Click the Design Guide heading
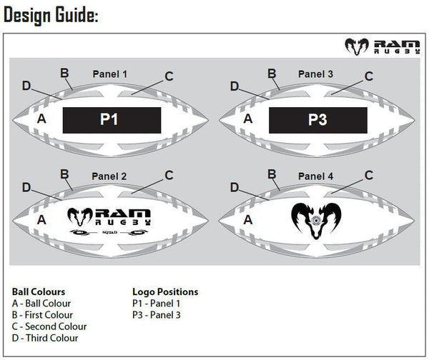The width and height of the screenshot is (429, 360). [x=51, y=16]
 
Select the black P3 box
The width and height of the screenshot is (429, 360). [x=317, y=120]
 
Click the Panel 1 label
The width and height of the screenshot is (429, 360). [x=110, y=74]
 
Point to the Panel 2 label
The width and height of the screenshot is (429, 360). [x=110, y=175]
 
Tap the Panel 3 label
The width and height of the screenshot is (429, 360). [x=316, y=74]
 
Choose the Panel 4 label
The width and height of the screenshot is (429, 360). [x=316, y=175]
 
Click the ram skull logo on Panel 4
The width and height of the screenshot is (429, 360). [x=317, y=218]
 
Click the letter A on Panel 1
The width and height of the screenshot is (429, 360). [x=41, y=119]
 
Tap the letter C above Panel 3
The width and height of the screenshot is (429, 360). [x=369, y=76]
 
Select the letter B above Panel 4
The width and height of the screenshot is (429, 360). [x=272, y=174]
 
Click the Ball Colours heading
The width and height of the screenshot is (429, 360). [x=39, y=292]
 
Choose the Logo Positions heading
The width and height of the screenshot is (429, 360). [x=165, y=292]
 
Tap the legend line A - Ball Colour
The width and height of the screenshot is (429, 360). [x=41, y=304]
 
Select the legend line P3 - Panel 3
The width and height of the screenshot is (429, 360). [x=157, y=315]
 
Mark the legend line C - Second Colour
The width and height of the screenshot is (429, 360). [x=49, y=326]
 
